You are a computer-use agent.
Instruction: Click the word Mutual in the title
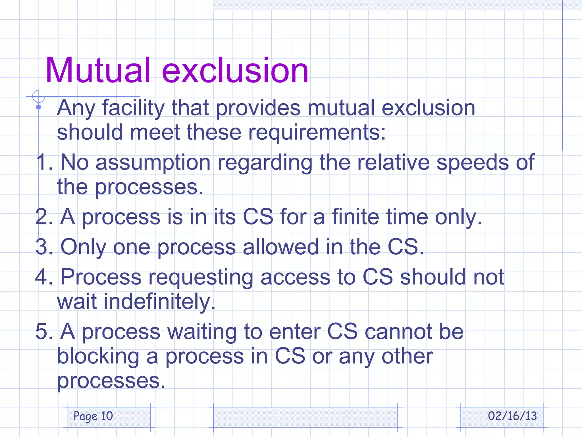pyautogui.click(x=97, y=70)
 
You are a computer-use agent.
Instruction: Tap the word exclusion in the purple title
pyautogui.click(x=235, y=70)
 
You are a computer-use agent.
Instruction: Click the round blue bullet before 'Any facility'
pyautogui.click(x=39, y=107)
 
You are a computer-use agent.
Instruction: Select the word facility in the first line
pyautogui.click(x=133, y=108)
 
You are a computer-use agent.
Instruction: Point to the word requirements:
pyautogui.click(x=317, y=133)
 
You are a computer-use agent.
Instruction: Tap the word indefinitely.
pyautogui.click(x=136, y=302)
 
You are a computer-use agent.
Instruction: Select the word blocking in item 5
pyautogui.click(x=98, y=357)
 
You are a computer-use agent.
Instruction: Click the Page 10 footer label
pyautogui.click(x=93, y=416)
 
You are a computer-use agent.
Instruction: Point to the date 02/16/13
pyautogui.click(x=512, y=416)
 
